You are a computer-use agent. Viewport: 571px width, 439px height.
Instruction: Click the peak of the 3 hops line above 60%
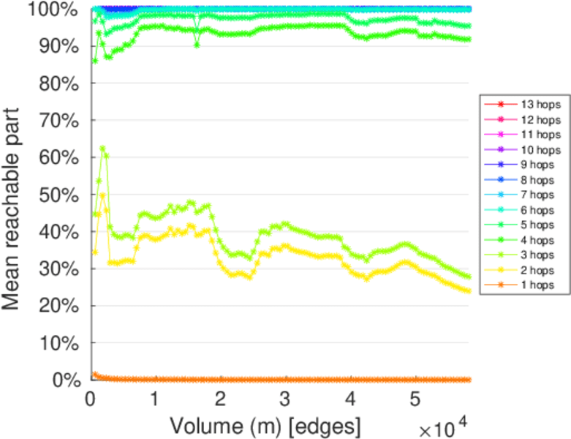pos(102,149)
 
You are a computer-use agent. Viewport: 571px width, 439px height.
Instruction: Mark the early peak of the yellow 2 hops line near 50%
pos(102,195)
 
